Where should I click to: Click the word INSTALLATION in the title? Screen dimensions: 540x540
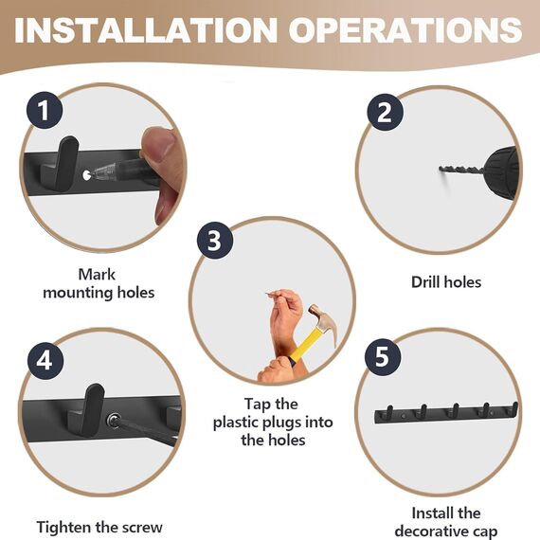[x=146, y=30]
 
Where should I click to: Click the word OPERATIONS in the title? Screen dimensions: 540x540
[x=405, y=30]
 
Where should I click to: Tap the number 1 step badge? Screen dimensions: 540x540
[x=45, y=110]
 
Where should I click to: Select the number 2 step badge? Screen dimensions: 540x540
[x=385, y=112]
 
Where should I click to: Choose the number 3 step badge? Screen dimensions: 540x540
[x=215, y=240]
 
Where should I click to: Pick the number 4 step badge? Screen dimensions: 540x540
[x=45, y=361]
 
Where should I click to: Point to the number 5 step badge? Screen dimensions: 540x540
[x=383, y=356]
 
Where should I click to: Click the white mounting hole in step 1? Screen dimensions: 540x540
[x=86, y=175]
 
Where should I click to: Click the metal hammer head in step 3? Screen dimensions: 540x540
[x=322, y=322]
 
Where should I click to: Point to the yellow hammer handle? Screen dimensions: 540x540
[x=305, y=345]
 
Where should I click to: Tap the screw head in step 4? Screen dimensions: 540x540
[x=113, y=420]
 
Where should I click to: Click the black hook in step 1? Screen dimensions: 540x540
[x=63, y=164]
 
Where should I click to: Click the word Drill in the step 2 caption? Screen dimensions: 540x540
[x=425, y=282]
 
